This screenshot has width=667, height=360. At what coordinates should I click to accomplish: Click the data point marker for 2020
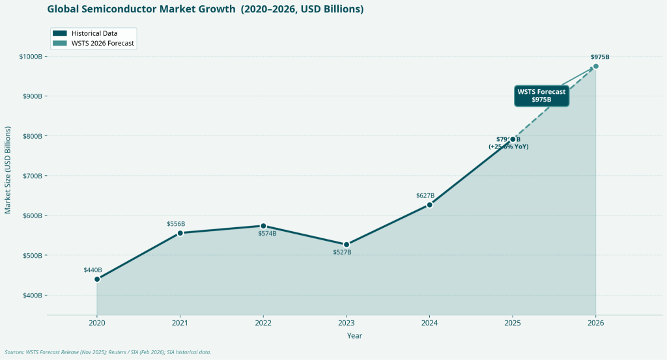pyautogui.click(x=97, y=279)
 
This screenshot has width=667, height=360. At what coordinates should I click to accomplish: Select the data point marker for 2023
pyautogui.click(x=347, y=245)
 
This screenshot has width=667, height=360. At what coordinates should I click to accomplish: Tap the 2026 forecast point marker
pyautogui.click(x=595, y=66)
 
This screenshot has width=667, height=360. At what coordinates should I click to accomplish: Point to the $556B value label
pyautogui.click(x=176, y=224)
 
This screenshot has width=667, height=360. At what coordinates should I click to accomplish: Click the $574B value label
pyautogui.click(x=267, y=234)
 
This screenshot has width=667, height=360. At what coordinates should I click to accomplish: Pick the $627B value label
pyautogui.click(x=425, y=196)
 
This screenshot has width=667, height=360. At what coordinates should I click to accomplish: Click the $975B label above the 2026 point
pyautogui.click(x=600, y=57)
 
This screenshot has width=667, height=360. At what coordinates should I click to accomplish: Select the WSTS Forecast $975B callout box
pyautogui.click(x=541, y=96)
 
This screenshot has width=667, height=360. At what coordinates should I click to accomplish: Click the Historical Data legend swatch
pyautogui.click(x=60, y=33)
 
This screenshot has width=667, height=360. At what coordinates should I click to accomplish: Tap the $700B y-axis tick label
pyautogui.click(x=32, y=176)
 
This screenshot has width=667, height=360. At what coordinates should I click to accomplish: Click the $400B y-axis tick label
pyautogui.click(x=32, y=296)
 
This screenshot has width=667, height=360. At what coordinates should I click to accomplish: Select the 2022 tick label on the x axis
pyautogui.click(x=263, y=323)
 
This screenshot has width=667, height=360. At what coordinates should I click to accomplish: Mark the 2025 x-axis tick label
pyautogui.click(x=513, y=323)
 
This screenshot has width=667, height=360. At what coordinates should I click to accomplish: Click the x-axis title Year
pyautogui.click(x=354, y=336)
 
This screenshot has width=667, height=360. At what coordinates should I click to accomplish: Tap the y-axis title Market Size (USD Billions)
pyautogui.click(x=8, y=170)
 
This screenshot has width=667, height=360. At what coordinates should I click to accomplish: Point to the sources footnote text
pyautogui.click(x=108, y=352)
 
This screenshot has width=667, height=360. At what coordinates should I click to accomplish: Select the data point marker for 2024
pyautogui.click(x=429, y=205)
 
